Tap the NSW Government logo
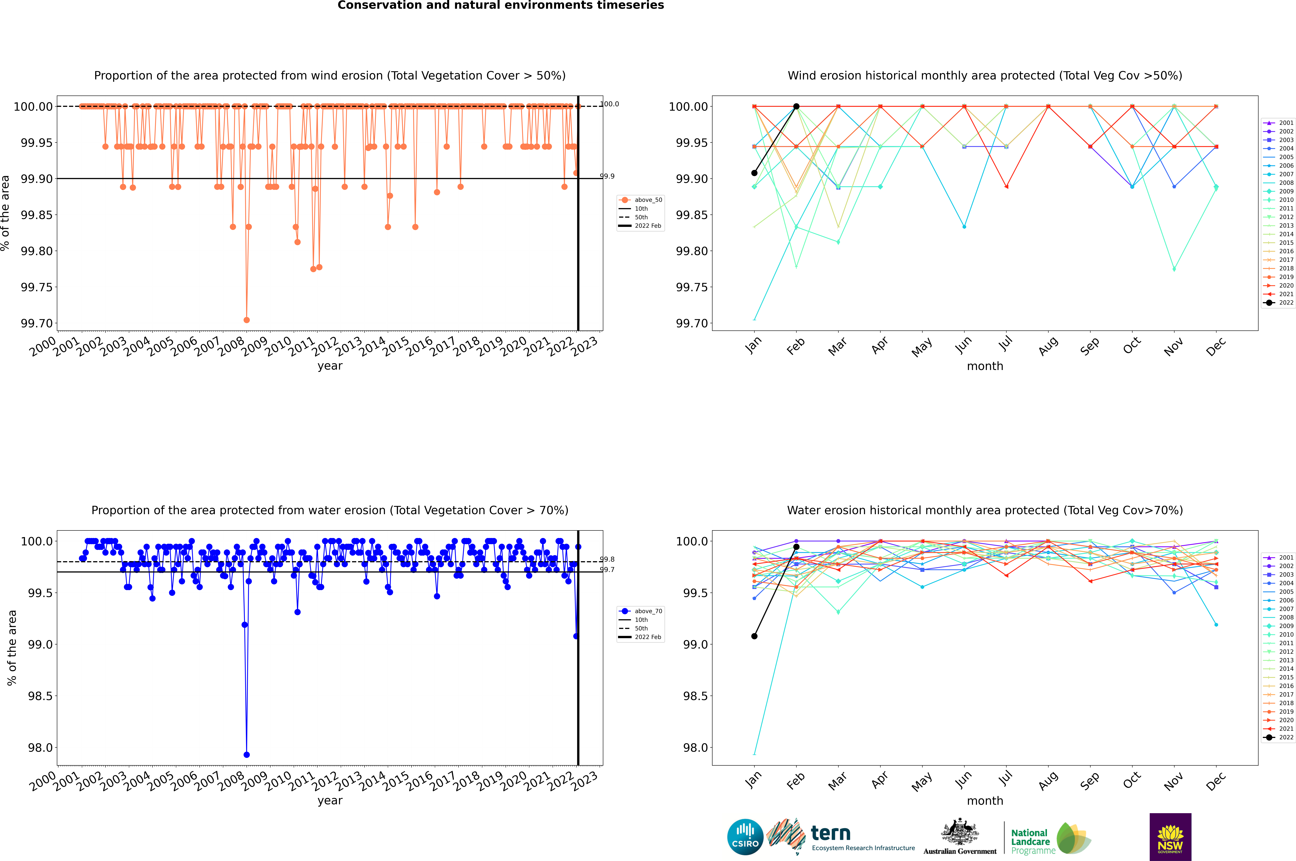coord(1170,837)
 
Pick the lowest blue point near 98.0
coord(247,754)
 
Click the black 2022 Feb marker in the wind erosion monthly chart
coord(796,107)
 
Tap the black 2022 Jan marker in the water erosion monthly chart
coord(754,636)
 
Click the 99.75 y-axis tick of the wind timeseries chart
coord(36,287)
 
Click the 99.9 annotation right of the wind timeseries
coord(607,176)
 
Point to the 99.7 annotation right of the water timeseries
coord(607,569)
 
